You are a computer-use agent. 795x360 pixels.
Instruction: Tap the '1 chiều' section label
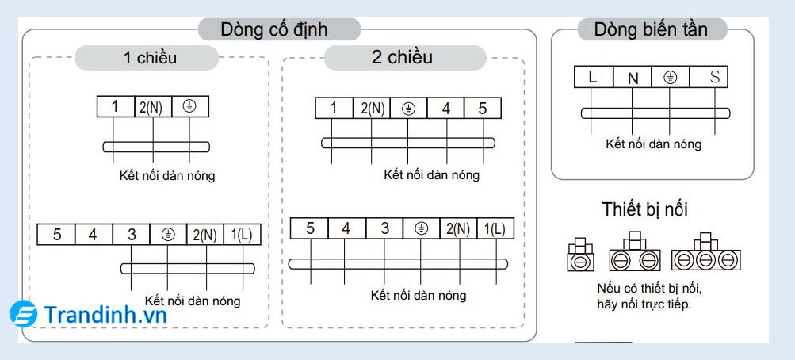click(x=150, y=57)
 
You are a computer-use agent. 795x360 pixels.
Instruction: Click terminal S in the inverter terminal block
click(x=714, y=77)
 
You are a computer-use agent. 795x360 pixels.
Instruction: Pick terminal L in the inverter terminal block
click(x=593, y=77)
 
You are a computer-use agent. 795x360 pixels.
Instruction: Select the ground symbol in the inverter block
click(x=670, y=77)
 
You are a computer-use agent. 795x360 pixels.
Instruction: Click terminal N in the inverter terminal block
click(x=632, y=78)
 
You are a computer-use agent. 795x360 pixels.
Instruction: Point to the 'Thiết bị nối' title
click(x=644, y=209)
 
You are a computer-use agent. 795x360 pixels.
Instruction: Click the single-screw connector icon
click(x=580, y=254)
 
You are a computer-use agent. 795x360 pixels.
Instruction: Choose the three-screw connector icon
click(x=705, y=254)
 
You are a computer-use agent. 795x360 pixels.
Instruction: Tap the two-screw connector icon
click(x=636, y=254)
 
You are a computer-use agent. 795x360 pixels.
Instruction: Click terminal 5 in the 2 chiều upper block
click(x=483, y=108)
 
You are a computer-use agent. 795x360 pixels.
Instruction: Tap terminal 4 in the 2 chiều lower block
click(x=346, y=228)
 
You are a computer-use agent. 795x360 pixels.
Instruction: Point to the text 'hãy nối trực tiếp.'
click(x=644, y=304)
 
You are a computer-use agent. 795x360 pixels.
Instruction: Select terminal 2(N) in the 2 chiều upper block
click(x=369, y=109)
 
